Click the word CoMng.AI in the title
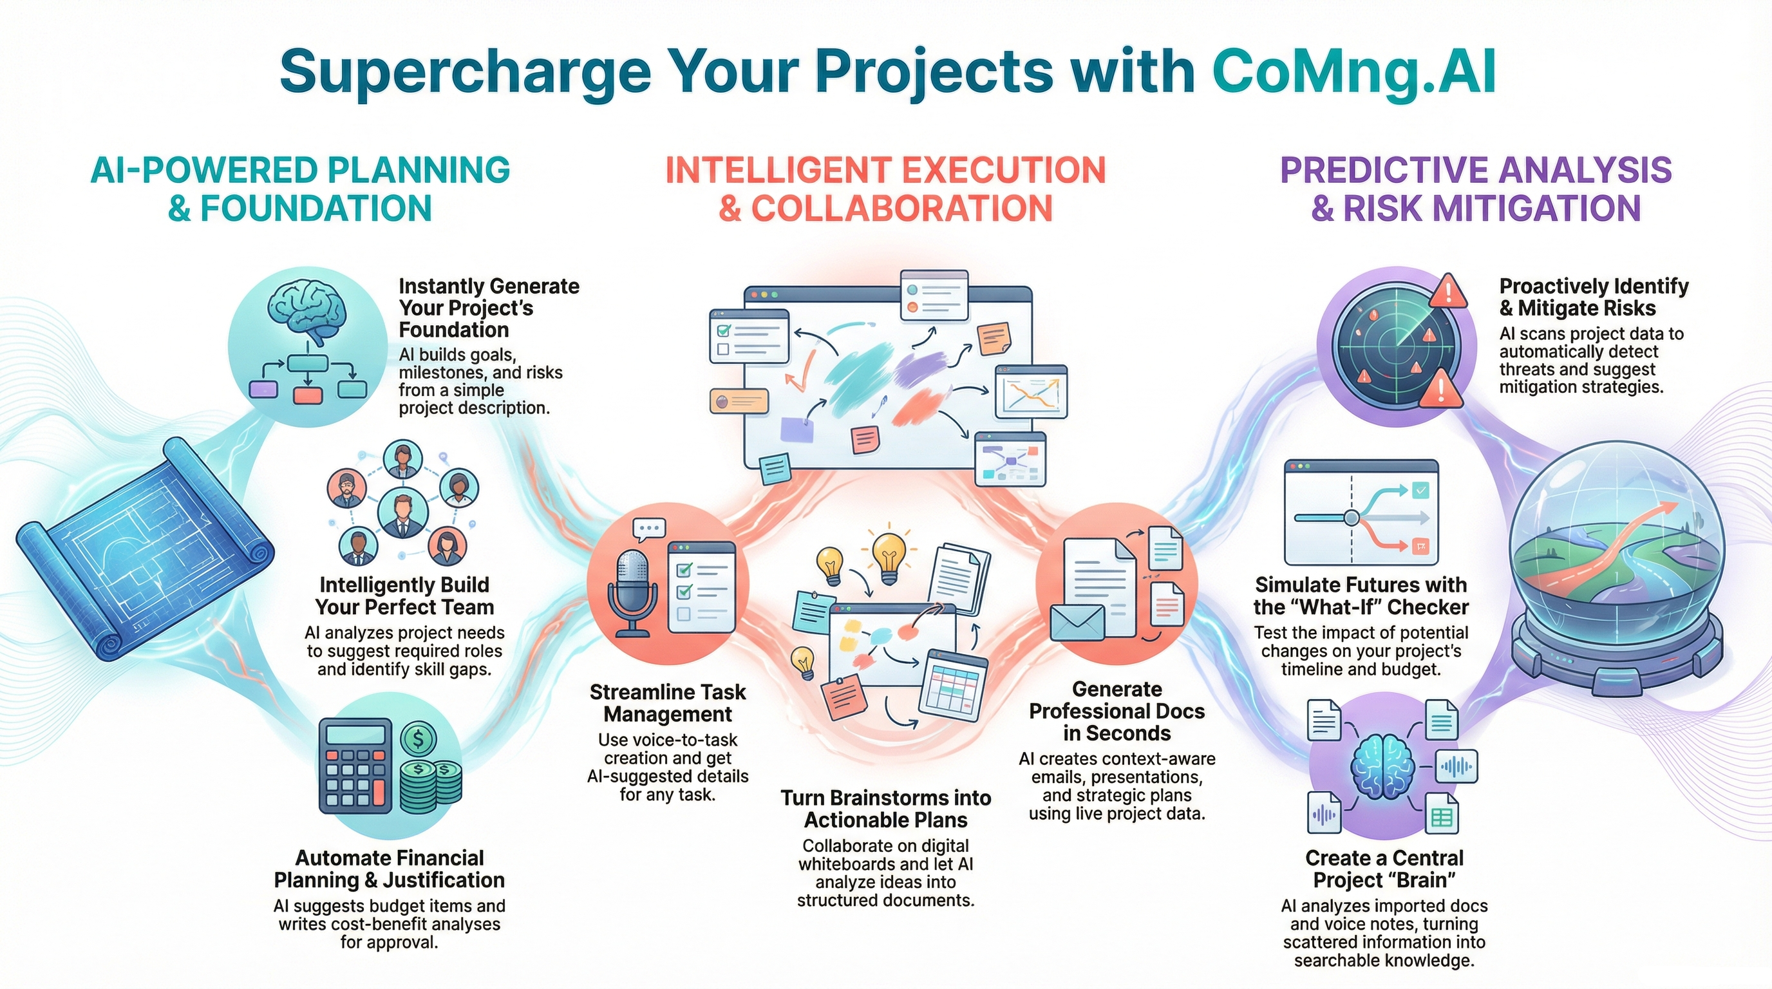tap(1353, 72)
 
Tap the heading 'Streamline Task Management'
tap(667, 703)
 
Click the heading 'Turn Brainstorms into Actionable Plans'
tap(886, 809)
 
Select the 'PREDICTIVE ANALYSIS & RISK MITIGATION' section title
tap(1476, 189)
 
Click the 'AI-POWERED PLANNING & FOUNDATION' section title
tap(300, 189)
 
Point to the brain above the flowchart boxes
tap(306, 310)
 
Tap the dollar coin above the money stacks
tap(417, 739)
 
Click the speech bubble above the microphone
tap(648, 529)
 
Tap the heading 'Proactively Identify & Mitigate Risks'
tap(1593, 296)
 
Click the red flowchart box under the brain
tap(308, 395)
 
